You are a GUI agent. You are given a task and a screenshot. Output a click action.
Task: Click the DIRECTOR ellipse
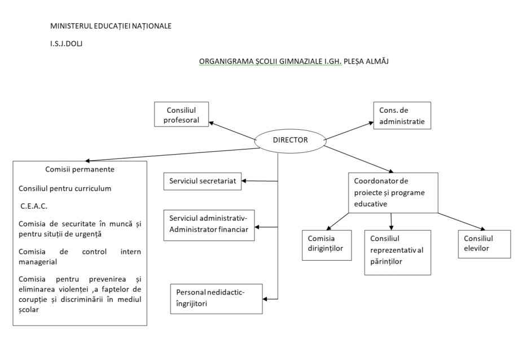point(290,141)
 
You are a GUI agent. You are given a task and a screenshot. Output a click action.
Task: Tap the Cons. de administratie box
point(402,116)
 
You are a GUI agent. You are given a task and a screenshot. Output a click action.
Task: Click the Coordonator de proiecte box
point(393,192)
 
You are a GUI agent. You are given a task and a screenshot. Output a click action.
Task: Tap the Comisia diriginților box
point(326,244)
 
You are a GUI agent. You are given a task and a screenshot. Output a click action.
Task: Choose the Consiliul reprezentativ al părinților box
point(397,252)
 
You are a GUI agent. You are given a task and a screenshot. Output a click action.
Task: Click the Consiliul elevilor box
point(484,244)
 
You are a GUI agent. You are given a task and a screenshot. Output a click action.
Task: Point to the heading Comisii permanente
point(80,169)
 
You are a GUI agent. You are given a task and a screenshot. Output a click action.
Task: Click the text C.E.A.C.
point(34,206)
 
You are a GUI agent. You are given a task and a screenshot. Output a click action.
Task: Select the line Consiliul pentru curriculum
point(65,188)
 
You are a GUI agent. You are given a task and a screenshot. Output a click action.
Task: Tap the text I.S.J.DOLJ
point(66,42)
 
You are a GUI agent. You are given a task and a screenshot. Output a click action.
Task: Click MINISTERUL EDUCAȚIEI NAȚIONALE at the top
point(111,26)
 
